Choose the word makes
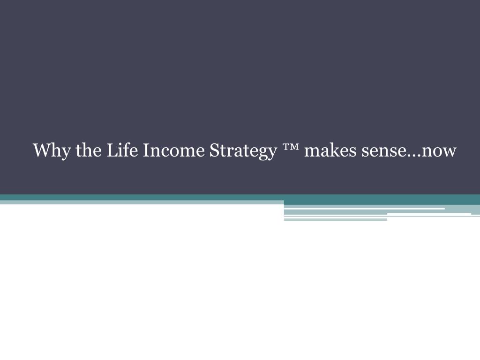[329, 151]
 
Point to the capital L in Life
[112, 150]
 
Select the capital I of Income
[145, 150]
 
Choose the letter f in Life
[122, 150]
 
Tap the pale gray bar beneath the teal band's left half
[141, 202]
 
